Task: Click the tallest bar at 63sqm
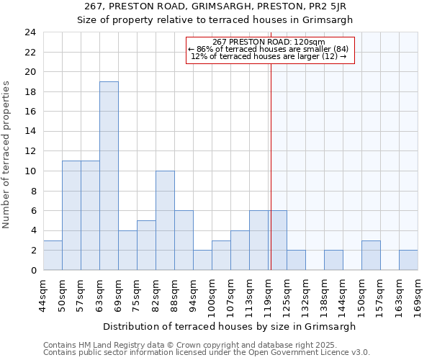[109, 176]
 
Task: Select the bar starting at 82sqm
[165, 220]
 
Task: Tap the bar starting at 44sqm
[53, 255]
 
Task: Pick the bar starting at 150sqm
[371, 255]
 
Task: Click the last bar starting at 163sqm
[408, 260]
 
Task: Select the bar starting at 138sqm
[333, 260]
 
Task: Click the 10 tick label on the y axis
[30, 171]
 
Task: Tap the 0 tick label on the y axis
[33, 271]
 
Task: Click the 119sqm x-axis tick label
[269, 296]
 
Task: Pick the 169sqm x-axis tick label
[418, 296]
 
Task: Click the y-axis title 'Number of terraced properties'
[6, 154]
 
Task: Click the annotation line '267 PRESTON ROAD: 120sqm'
[269, 42]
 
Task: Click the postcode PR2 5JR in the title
[336, 6]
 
